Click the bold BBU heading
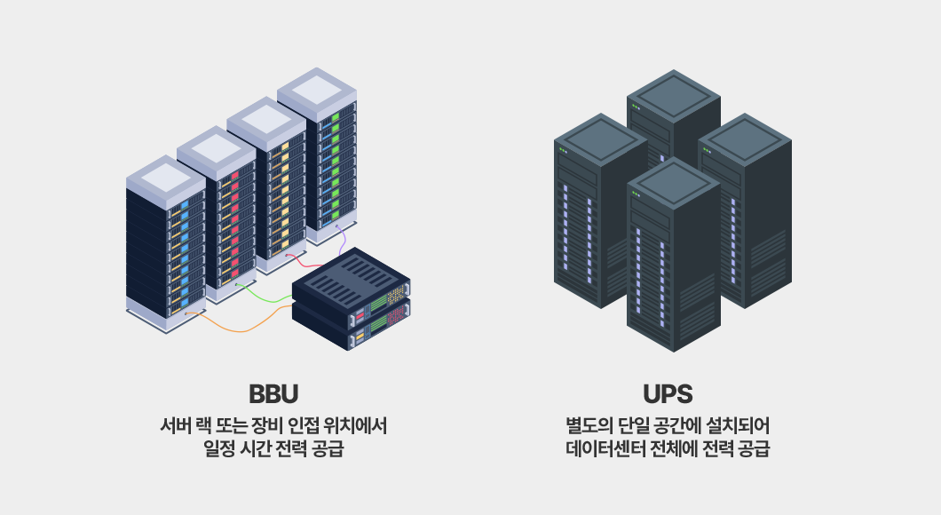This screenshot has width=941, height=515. (x=273, y=393)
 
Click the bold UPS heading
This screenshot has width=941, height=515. (x=668, y=393)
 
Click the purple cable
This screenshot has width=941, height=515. (x=342, y=240)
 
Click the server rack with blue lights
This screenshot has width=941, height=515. (x=166, y=243)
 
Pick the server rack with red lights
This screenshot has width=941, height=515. (x=216, y=214)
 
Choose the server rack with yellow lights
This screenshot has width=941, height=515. (x=266, y=186)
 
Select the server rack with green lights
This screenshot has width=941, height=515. (x=317, y=156)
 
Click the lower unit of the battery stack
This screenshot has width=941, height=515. (x=351, y=327)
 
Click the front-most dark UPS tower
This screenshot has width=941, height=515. (x=673, y=255)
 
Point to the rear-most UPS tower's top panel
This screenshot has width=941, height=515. (x=673, y=95)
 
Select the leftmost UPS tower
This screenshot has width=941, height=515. (x=601, y=210)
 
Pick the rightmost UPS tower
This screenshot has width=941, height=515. (x=745, y=210)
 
